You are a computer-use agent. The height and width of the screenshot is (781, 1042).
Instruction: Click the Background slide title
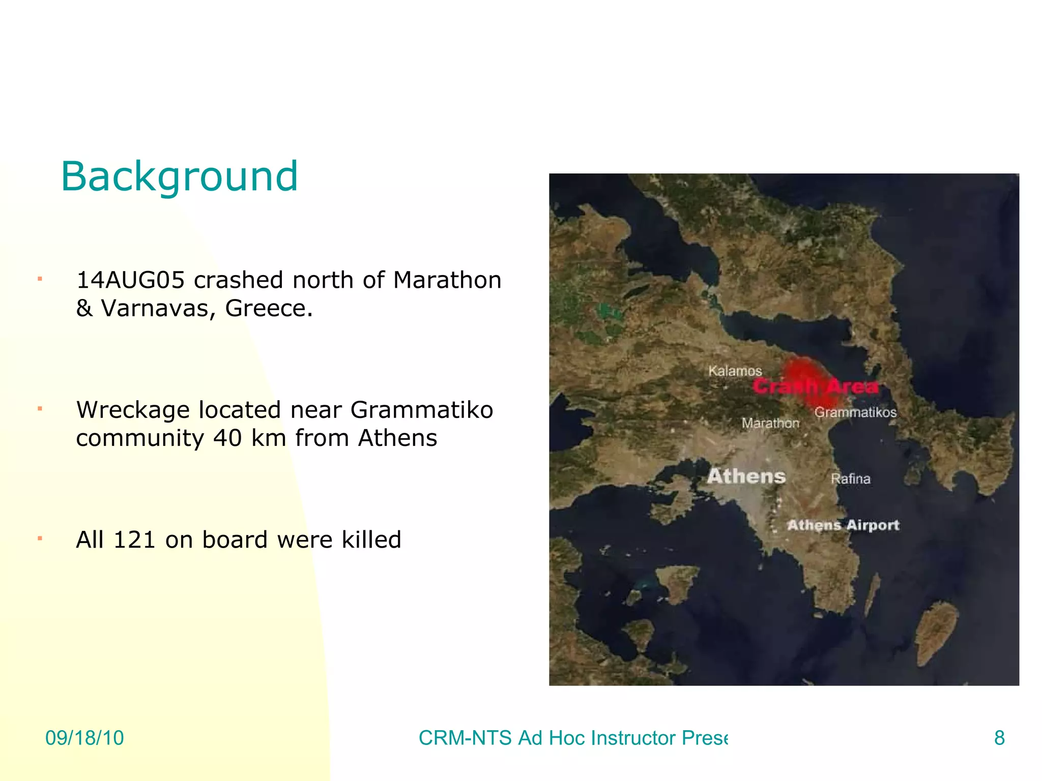pyautogui.click(x=179, y=176)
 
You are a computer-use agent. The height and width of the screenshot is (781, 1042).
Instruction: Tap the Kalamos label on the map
pyautogui.click(x=735, y=371)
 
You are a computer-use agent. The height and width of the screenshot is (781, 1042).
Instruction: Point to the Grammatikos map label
pyautogui.click(x=855, y=412)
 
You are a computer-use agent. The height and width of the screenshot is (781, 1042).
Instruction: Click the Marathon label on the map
pyautogui.click(x=770, y=423)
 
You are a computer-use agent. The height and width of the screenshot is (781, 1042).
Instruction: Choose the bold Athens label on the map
pyautogui.click(x=746, y=476)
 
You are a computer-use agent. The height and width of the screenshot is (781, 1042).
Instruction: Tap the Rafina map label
pyautogui.click(x=850, y=479)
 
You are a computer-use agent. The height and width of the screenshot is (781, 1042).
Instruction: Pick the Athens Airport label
pyautogui.click(x=843, y=525)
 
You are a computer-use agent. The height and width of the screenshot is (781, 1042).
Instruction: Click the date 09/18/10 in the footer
pyautogui.click(x=84, y=738)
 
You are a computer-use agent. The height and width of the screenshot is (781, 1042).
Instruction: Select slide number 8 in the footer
pyautogui.click(x=999, y=738)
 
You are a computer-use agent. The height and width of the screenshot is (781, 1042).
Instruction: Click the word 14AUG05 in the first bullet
pyautogui.click(x=130, y=280)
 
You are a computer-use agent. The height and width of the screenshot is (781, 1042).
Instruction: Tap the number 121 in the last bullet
pyautogui.click(x=134, y=539)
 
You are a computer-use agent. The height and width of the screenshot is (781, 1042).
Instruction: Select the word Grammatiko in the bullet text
pyautogui.click(x=422, y=410)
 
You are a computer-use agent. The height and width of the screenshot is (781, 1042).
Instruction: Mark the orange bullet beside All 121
pyautogui.click(x=40, y=538)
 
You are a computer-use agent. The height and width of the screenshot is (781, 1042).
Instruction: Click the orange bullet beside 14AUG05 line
pyautogui.click(x=40, y=279)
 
